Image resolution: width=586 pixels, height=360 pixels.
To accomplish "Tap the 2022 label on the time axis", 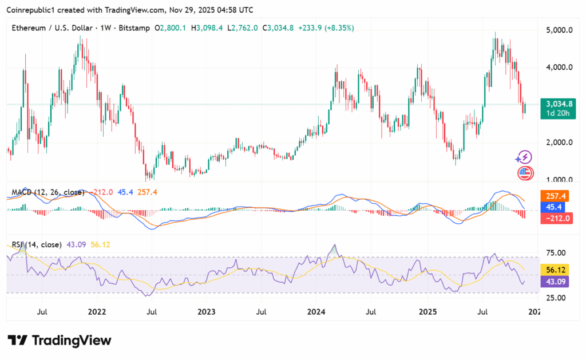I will pos(97,312).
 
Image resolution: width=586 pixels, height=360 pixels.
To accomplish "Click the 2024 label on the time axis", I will pos(316,312).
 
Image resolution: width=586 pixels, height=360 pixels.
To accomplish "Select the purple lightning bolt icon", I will pos(523,157).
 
